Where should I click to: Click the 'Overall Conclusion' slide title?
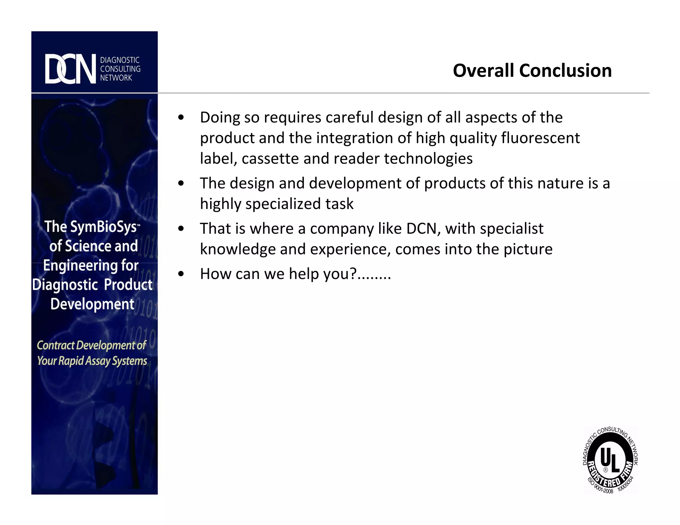click(532, 71)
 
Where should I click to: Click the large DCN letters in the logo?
click(70, 69)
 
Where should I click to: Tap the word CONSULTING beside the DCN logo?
click(120, 69)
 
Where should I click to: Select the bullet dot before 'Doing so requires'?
click(181, 117)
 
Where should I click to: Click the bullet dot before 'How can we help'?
click(181, 274)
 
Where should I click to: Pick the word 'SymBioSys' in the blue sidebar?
click(104, 227)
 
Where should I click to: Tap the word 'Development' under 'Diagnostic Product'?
click(92, 304)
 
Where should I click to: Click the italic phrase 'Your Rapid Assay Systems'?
click(92, 361)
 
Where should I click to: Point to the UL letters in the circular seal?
click(610, 460)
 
